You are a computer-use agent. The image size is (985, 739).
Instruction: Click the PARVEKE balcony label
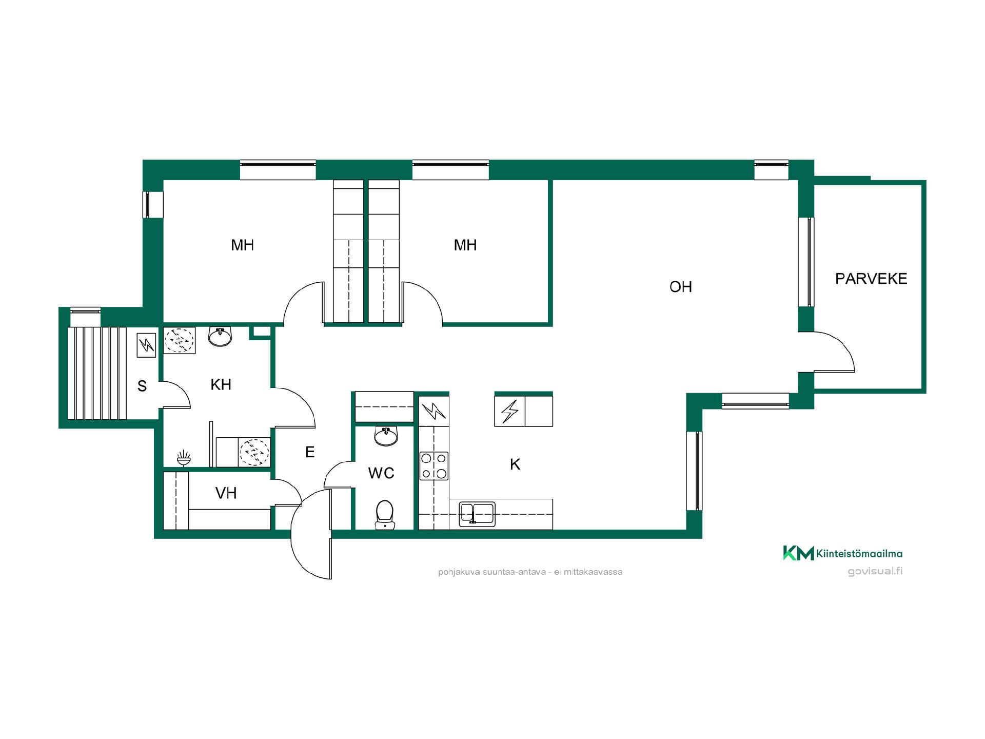click(871, 279)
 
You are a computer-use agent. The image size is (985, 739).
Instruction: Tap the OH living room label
click(681, 287)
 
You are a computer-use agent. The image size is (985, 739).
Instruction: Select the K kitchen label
click(515, 464)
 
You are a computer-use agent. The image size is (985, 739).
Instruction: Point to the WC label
click(381, 473)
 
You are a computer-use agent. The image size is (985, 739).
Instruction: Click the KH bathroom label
click(221, 384)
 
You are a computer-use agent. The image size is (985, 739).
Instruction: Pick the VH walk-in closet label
click(226, 493)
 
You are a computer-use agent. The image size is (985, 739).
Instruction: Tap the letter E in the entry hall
click(310, 452)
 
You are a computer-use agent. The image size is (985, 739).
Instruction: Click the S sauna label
click(142, 386)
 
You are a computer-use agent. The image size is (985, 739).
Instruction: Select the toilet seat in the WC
click(384, 515)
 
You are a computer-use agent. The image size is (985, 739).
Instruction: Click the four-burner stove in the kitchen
click(434, 466)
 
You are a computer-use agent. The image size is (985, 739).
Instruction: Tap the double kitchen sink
click(477, 514)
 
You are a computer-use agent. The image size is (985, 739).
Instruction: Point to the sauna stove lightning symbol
click(146, 345)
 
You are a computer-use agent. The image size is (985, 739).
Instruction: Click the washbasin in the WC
click(385, 436)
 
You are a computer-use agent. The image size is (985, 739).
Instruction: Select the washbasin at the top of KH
click(220, 336)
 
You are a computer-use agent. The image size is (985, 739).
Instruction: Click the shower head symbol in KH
click(184, 458)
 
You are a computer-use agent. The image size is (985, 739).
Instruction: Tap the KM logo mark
click(798, 553)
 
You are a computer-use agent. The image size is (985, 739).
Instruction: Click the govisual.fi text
click(875, 571)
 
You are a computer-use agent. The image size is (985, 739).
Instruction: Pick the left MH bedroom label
click(242, 245)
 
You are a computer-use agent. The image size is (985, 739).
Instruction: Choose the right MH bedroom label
click(465, 245)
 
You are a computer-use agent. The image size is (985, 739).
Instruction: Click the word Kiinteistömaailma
click(859, 553)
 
